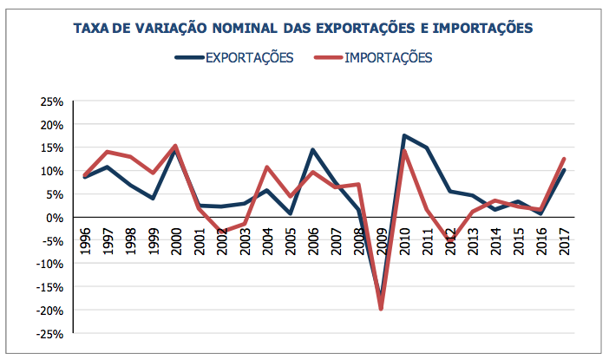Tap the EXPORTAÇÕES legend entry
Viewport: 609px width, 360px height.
click(x=249, y=58)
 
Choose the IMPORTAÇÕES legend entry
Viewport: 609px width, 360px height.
click(x=388, y=58)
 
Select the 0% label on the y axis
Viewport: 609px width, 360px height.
click(x=55, y=217)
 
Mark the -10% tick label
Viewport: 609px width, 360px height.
click(x=49, y=264)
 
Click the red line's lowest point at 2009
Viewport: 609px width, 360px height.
click(x=381, y=309)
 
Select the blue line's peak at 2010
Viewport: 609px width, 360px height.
click(x=404, y=135)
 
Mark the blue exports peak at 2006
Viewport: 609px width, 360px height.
click(x=312, y=150)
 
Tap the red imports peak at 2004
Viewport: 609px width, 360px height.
click(x=267, y=167)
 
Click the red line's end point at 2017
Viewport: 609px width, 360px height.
click(x=565, y=159)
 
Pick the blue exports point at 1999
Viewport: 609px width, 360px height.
click(x=153, y=199)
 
